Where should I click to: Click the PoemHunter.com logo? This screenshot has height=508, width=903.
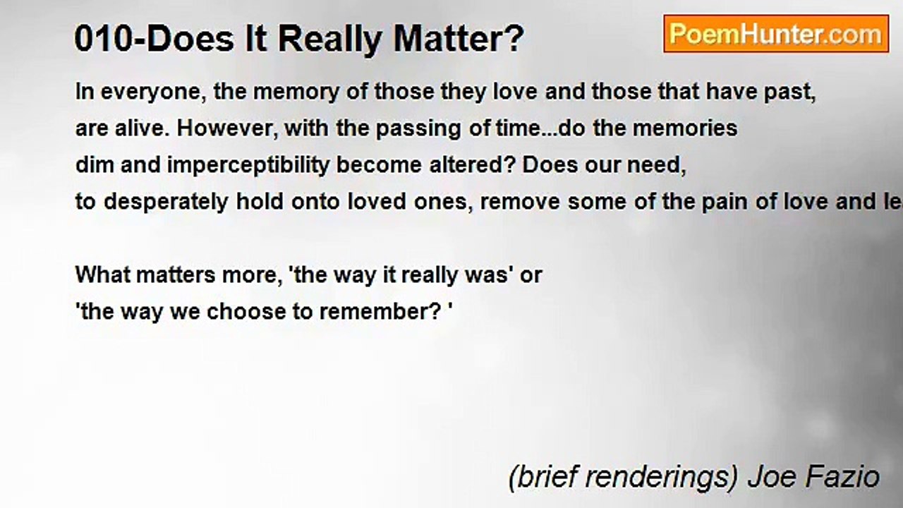tap(776, 34)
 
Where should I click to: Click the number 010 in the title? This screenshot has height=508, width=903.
tap(100, 40)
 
